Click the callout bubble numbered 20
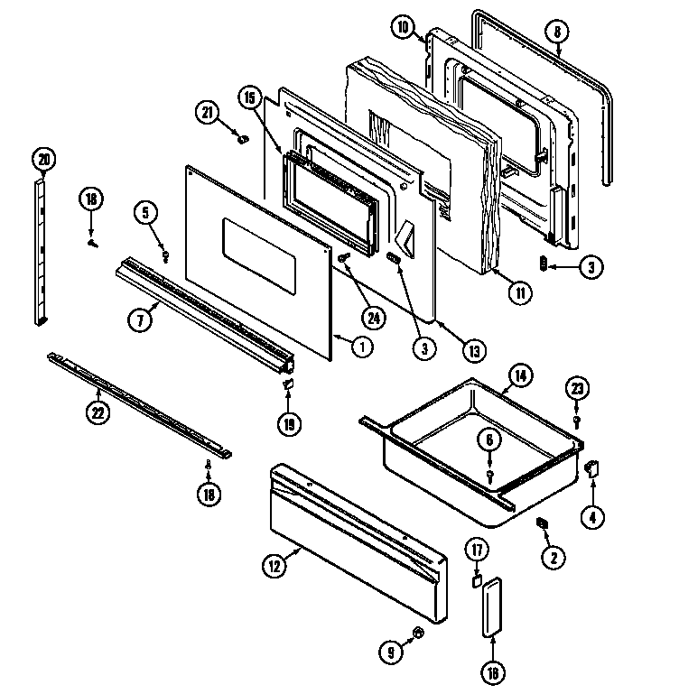tap(42, 161)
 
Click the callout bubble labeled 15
tap(249, 97)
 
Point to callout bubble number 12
tap(274, 566)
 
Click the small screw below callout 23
tap(576, 420)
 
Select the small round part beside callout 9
tap(420, 632)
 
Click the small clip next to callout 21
tap(241, 138)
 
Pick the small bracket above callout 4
tap(593, 467)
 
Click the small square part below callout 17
tap(476, 581)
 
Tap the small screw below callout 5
tap(165, 255)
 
